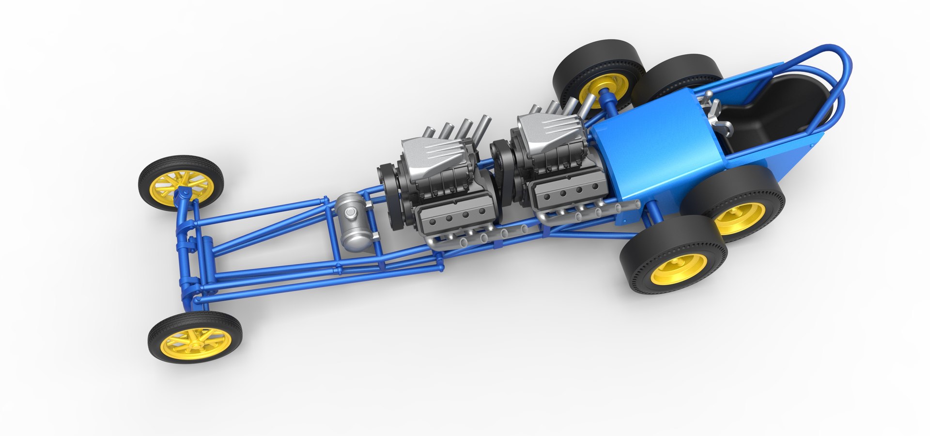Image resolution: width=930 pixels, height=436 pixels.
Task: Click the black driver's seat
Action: (x=770, y=111)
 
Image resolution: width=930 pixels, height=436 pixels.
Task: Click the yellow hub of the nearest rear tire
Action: (x=678, y=269)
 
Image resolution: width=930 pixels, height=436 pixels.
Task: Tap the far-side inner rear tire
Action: (x=678, y=73)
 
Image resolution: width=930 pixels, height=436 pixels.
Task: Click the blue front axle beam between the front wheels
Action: (x=186, y=252)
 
